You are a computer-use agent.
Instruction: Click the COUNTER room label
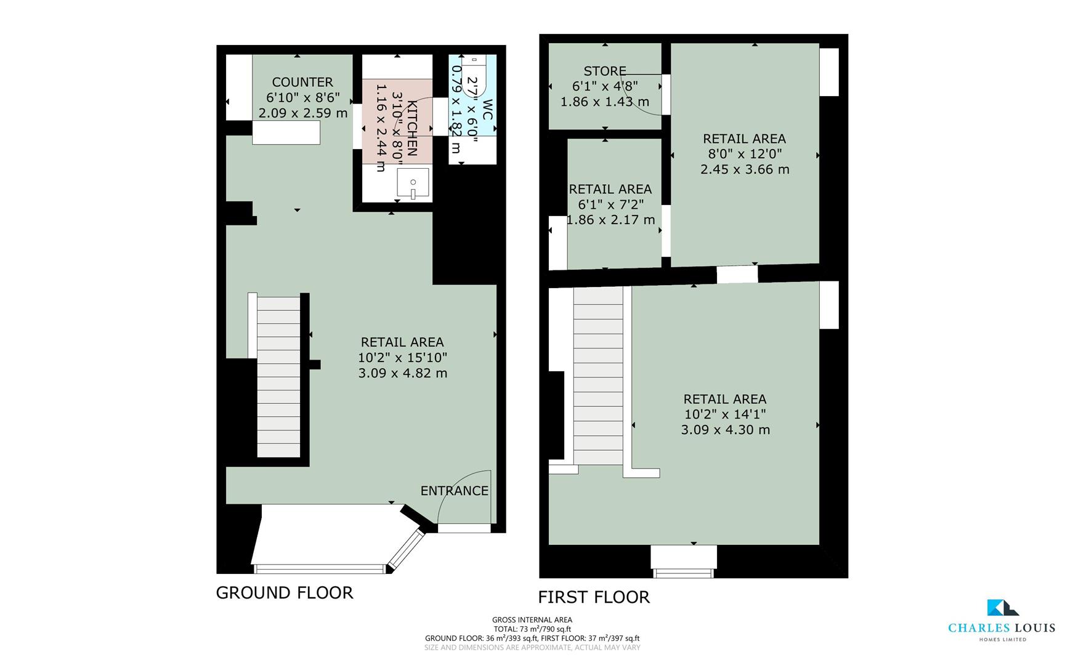[x=302, y=82]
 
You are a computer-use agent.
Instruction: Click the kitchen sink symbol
[x=413, y=183]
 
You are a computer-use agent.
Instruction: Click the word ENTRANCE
[x=454, y=491]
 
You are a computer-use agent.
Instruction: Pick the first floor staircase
[x=598, y=376]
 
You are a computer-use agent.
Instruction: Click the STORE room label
[x=605, y=71]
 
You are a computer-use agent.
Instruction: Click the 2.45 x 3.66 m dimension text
[x=744, y=169]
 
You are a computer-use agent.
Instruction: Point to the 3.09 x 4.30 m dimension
[x=725, y=430]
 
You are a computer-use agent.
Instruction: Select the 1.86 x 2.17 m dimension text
[x=610, y=220]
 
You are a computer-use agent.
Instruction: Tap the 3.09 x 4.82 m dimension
[x=402, y=373]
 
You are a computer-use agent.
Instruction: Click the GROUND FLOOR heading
[x=284, y=592]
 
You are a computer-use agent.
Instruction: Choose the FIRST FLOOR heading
[x=594, y=597]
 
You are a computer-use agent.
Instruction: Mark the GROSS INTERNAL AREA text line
[x=532, y=620]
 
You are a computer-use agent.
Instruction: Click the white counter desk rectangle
[x=286, y=132]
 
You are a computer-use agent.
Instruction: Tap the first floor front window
[x=684, y=573]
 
